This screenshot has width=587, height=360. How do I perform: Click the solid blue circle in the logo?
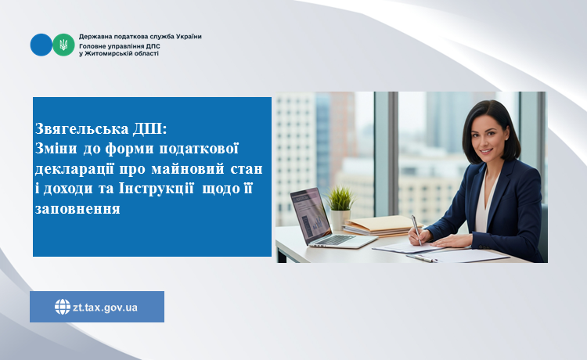(41, 45)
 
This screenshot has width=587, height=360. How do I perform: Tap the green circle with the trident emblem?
(63, 45)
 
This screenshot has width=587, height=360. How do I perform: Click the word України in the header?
(188, 36)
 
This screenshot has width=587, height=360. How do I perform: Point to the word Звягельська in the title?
(81, 128)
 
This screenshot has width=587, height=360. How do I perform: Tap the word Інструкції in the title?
(156, 189)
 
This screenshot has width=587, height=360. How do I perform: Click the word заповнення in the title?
(77, 208)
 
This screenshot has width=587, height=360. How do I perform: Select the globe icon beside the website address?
(63, 307)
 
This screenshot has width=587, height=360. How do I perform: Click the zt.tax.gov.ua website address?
(105, 308)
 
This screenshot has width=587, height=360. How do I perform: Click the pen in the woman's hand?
(416, 230)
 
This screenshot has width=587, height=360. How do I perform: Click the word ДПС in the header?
(153, 46)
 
